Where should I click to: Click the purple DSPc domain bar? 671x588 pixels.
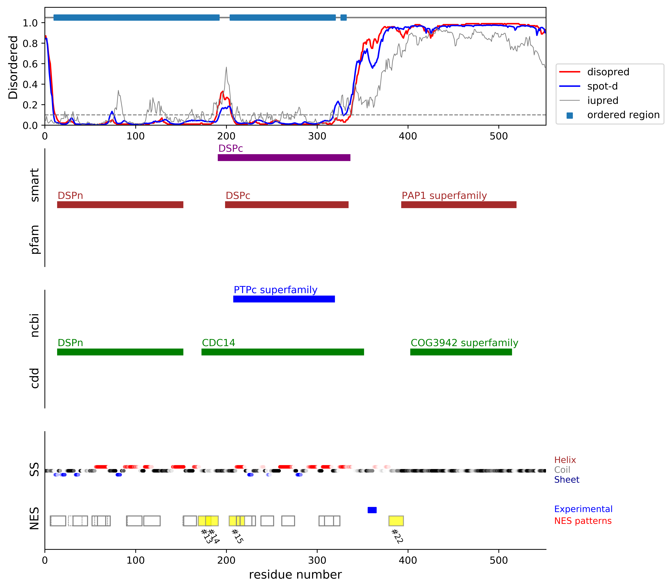(x=284, y=158)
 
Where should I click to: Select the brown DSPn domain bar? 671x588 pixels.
(x=120, y=205)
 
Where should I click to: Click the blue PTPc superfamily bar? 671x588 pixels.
(x=284, y=299)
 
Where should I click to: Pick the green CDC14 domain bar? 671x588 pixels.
(x=283, y=352)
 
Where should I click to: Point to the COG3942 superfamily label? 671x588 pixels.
(x=464, y=343)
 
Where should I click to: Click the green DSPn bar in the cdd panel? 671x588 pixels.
(x=120, y=352)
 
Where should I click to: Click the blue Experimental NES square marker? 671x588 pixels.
(x=372, y=510)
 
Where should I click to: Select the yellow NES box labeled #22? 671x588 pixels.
(x=396, y=521)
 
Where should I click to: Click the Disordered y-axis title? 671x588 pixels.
(x=13, y=67)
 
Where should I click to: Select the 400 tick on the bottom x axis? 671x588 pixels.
(x=408, y=560)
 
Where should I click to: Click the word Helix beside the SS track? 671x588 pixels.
(x=565, y=460)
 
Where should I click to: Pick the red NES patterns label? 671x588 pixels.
(x=583, y=521)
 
